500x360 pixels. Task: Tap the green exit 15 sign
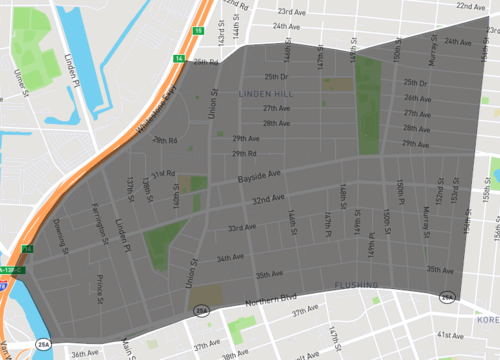click(x=198, y=32)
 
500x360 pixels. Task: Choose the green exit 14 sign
click(x=179, y=60)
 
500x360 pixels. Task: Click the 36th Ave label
click(x=85, y=353)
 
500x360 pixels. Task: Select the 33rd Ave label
click(x=242, y=228)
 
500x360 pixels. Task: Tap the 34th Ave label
click(x=230, y=258)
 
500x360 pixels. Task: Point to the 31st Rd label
click(x=163, y=172)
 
